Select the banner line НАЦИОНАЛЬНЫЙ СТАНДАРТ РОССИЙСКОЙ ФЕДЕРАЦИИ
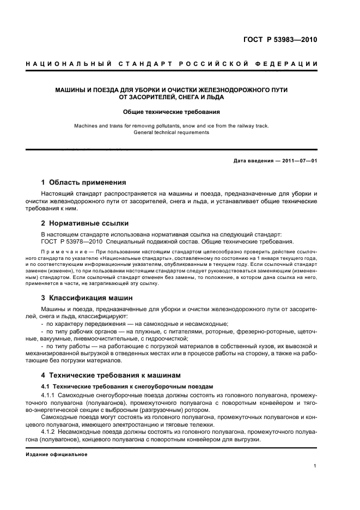[172, 65]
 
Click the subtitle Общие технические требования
[172, 112]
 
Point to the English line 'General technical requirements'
[172, 132]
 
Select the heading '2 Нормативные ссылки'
[84, 223]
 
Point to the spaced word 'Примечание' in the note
[65, 252]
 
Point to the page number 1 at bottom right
[315, 466]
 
